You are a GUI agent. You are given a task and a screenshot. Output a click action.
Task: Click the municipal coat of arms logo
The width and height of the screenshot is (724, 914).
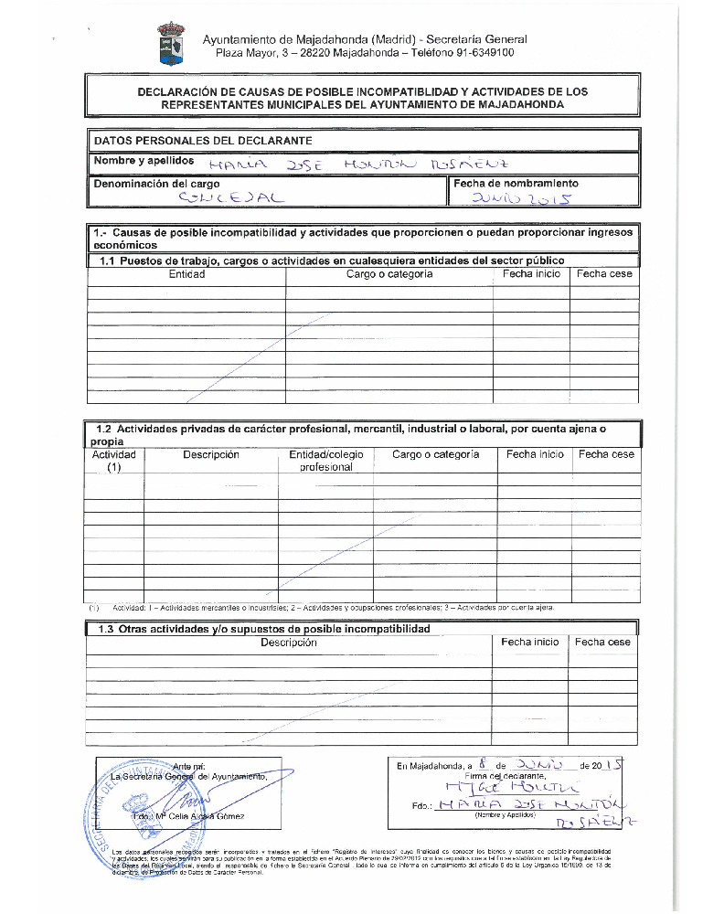(x=171, y=44)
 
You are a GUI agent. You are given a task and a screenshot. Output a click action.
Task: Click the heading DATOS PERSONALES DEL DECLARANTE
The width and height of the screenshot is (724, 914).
(x=204, y=141)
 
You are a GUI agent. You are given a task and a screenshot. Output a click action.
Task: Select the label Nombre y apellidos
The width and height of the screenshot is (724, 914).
(x=144, y=161)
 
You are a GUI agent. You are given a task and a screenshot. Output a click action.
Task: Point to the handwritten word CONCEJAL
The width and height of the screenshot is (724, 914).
(x=232, y=197)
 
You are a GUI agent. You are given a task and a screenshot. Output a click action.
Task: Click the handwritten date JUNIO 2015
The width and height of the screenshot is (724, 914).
(x=517, y=198)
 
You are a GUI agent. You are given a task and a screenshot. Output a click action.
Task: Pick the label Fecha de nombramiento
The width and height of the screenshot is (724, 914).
(x=516, y=183)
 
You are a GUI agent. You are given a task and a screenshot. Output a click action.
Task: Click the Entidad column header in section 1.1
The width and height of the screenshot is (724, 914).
(x=186, y=274)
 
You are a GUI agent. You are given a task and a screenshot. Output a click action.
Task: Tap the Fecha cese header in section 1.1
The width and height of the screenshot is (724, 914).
(x=604, y=274)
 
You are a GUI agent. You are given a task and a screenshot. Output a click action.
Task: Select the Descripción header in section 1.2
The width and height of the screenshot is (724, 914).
(x=211, y=454)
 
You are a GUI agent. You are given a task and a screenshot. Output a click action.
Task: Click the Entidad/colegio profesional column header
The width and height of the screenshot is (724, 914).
(x=326, y=461)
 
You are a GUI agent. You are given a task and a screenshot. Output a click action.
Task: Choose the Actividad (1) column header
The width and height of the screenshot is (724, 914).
(x=114, y=461)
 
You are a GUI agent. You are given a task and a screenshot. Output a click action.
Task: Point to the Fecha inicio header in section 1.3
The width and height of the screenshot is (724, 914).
(x=529, y=643)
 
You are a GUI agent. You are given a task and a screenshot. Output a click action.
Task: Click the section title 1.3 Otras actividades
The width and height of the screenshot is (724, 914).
(x=263, y=629)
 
